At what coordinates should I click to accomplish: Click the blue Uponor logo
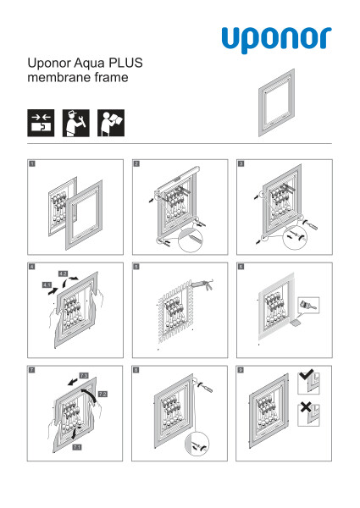pyautogui.click(x=276, y=39)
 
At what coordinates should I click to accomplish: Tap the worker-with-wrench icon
pyautogui.click(x=76, y=123)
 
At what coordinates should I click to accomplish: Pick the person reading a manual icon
pyautogui.click(x=111, y=123)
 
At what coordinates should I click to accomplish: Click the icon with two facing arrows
pyautogui.click(x=41, y=123)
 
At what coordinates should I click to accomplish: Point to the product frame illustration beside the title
pyautogui.click(x=276, y=102)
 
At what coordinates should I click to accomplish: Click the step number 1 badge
pyautogui.click(x=32, y=164)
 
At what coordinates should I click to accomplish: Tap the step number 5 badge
pyautogui.click(x=136, y=267)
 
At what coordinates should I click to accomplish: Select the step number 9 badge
pyautogui.click(x=241, y=370)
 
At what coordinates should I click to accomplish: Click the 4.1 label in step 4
pyautogui.click(x=47, y=285)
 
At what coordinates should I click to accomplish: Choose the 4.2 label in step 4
pyautogui.click(x=63, y=273)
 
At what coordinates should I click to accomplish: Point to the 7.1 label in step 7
pyautogui.click(x=77, y=447)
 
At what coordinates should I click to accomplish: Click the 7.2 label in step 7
pyautogui.click(x=102, y=394)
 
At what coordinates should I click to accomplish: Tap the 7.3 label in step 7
pyautogui.click(x=84, y=375)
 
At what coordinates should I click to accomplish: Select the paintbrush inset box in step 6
pyautogui.click(x=308, y=305)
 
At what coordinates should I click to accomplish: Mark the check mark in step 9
pyautogui.click(x=306, y=374)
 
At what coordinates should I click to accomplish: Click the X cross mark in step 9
pyautogui.click(x=305, y=407)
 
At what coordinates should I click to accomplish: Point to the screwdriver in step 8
pyautogui.click(x=205, y=387)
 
